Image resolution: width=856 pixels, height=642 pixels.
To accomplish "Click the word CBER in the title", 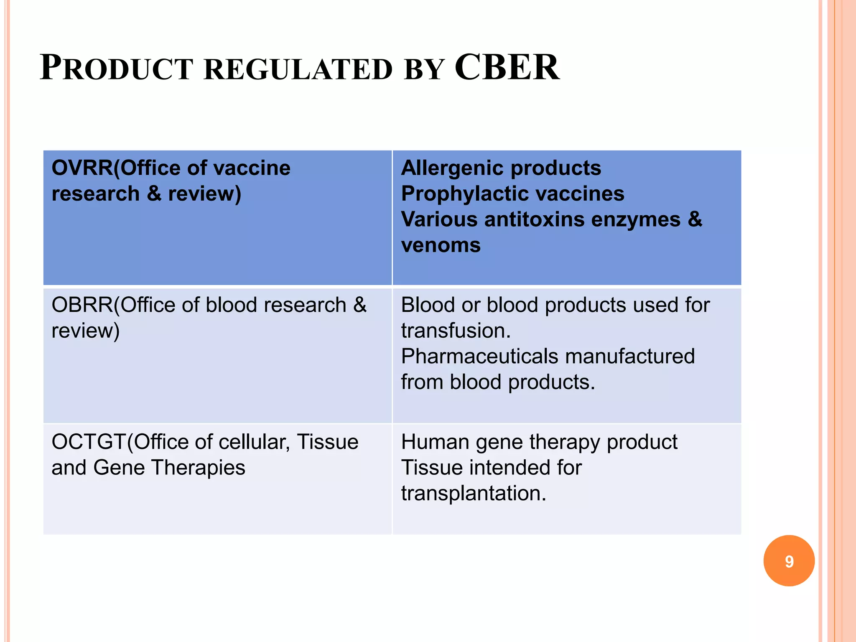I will pos(507,68).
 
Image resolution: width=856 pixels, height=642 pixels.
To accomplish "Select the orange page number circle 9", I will pos(789,561).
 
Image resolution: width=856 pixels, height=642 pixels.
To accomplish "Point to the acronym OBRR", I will pos(82,305).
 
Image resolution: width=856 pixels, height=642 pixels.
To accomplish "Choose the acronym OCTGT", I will pos(89,442).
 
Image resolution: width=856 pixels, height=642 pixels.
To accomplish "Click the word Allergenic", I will pos(451,168).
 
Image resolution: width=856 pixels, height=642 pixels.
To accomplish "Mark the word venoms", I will pos(441,245).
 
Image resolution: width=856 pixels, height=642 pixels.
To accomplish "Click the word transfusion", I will pos(456,331).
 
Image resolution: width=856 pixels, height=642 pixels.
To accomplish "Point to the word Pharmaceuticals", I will pos(479,357).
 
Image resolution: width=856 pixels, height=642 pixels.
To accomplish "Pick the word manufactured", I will pos(630,357).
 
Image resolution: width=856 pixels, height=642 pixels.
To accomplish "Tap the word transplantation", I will pos(474,494).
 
